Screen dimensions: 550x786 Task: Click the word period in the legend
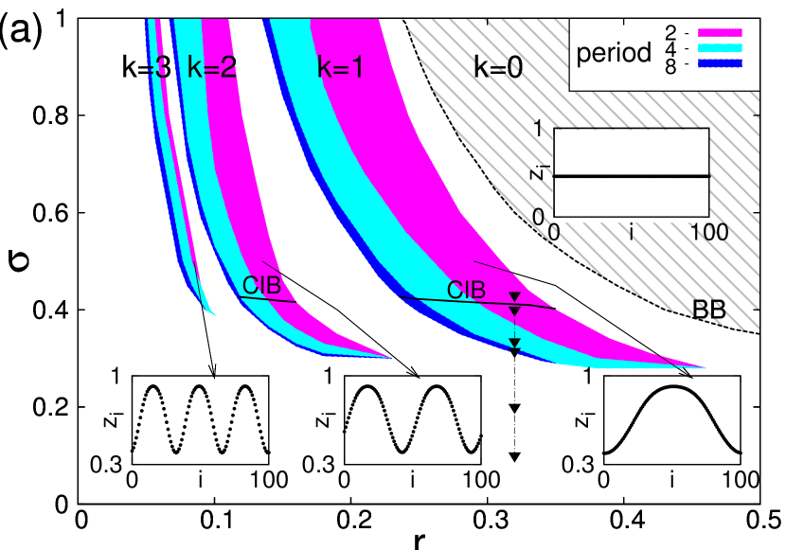tap(614, 53)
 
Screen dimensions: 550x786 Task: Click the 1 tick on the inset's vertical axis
tap(538, 129)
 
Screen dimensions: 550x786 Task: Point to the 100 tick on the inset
tap(709, 231)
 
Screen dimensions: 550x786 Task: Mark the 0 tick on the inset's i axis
tap(555, 231)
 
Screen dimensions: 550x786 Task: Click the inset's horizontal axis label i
tap(632, 232)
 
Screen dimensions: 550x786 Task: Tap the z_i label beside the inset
tap(537, 171)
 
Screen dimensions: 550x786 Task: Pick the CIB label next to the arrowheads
tap(466, 290)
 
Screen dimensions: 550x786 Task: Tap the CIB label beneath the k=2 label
tap(261, 285)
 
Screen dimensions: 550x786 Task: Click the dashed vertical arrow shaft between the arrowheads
tap(515, 328)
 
